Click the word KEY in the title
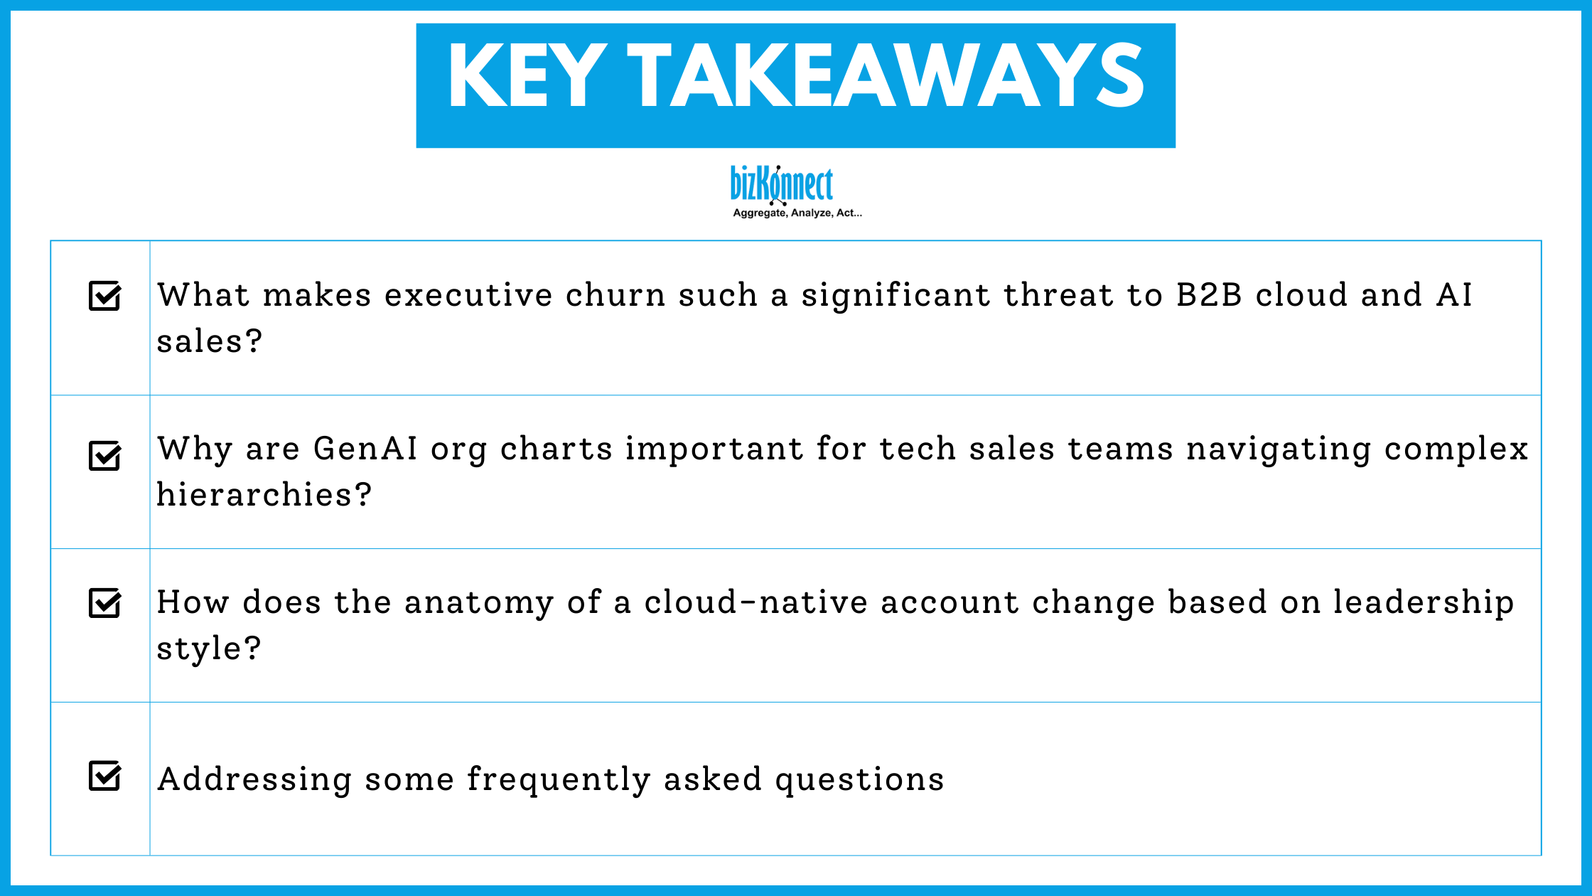click(527, 76)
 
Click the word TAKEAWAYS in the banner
click(886, 76)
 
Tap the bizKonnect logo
click(782, 184)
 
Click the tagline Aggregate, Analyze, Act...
click(797, 213)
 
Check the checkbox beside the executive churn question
click(104, 296)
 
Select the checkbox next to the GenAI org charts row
click(104, 456)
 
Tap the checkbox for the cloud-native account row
click(104, 603)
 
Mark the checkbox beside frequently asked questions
click(104, 776)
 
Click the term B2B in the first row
click(1209, 295)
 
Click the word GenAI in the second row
click(365, 449)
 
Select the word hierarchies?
click(264, 495)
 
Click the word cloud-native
click(755, 602)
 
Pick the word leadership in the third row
click(1423, 602)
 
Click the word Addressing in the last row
click(254, 780)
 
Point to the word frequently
click(559, 780)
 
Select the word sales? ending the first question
click(209, 341)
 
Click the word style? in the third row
click(208, 649)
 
